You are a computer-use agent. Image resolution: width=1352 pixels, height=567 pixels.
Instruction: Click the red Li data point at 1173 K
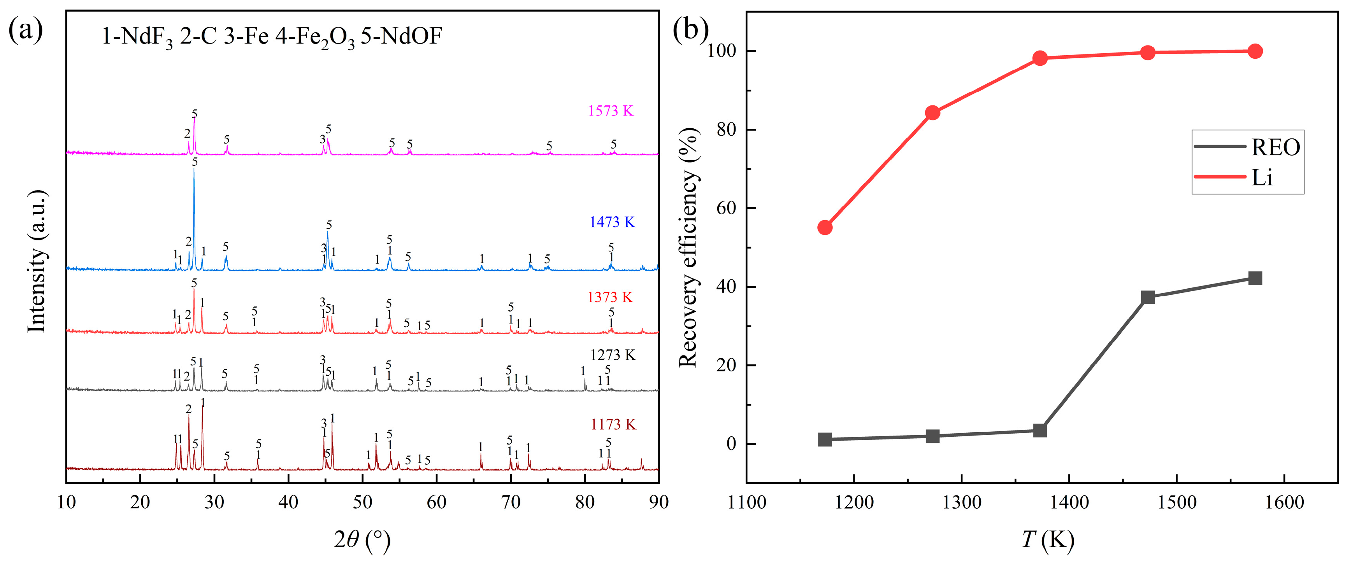point(825,227)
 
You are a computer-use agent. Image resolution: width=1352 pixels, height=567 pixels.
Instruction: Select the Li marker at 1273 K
point(932,113)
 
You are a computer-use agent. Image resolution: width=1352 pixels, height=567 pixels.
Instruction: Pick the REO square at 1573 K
point(1255,278)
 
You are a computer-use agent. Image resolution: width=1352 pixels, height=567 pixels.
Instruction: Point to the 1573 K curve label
point(610,111)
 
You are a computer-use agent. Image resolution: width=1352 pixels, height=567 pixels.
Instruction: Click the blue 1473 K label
point(612,222)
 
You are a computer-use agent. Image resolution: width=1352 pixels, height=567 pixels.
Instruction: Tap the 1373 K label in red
point(610,297)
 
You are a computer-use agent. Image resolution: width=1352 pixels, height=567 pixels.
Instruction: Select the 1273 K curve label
point(613,355)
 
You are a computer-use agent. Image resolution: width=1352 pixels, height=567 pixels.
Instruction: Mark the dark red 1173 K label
point(613,424)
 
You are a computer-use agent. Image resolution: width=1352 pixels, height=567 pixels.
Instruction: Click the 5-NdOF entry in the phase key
point(402,36)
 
